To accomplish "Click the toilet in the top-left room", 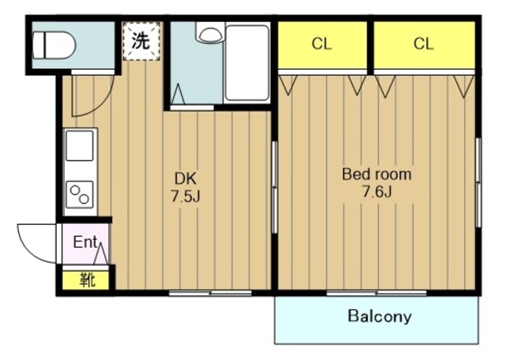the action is click(x=54, y=45).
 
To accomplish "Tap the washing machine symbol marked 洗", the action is click(x=142, y=41).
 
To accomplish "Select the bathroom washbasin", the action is click(x=209, y=35).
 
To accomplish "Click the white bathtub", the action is click(x=247, y=63).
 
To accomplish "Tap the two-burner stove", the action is click(x=80, y=195).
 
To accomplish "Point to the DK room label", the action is click(x=185, y=178).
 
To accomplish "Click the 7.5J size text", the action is click(x=186, y=196).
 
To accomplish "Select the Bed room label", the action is click(x=376, y=174).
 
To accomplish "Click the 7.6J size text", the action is click(x=377, y=192).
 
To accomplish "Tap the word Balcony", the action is click(x=379, y=316).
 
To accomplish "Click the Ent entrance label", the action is click(x=85, y=242).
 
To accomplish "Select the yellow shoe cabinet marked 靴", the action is click(x=85, y=280).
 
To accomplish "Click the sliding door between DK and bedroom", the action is click(x=274, y=188).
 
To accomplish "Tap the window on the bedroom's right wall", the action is click(x=478, y=183).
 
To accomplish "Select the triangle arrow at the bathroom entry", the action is click(x=178, y=94).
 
